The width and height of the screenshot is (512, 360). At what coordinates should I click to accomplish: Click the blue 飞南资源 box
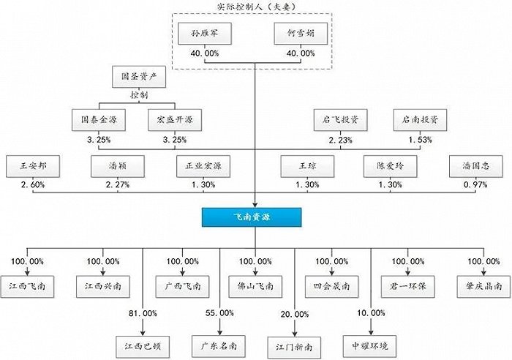[x=255, y=217]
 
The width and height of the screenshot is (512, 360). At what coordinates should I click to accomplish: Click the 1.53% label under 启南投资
[x=420, y=140]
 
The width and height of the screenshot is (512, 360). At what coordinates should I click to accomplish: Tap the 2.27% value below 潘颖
[x=116, y=185]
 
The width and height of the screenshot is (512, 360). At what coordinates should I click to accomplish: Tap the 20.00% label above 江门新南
[x=295, y=312]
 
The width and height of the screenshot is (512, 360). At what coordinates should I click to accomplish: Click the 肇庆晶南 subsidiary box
[x=479, y=285]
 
